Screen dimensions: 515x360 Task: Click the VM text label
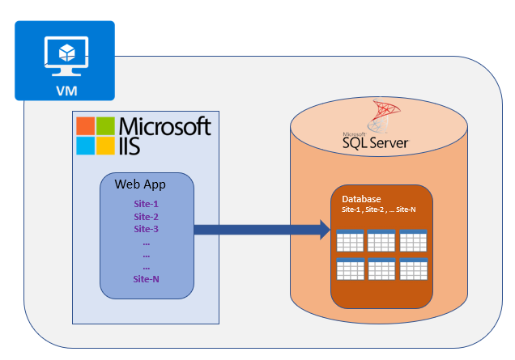point(66,91)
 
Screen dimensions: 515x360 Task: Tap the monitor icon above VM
point(66,56)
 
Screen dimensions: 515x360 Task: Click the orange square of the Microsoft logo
point(85,126)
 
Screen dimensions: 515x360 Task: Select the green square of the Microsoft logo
point(105,126)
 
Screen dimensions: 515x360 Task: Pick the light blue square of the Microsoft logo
point(85,146)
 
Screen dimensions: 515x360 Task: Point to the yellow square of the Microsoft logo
point(105,146)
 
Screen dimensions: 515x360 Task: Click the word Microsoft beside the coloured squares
point(165,126)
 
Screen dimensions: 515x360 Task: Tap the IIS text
point(130,146)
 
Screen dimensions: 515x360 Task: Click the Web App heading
point(140,184)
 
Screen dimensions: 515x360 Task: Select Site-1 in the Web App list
point(146,204)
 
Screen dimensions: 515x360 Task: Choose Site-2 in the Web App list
point(146,217)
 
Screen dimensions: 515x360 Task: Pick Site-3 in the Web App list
point(146,229)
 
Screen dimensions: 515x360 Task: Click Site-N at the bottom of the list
point(146,279)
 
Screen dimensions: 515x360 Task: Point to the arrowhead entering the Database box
point(326,230)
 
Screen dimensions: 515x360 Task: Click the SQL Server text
point(376,142)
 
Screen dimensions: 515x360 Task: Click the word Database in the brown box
point(361,199)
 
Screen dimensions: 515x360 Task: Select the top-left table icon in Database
point(350,240)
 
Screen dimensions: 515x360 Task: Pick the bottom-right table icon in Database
point(414,269)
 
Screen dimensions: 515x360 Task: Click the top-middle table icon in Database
point(381,240)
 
